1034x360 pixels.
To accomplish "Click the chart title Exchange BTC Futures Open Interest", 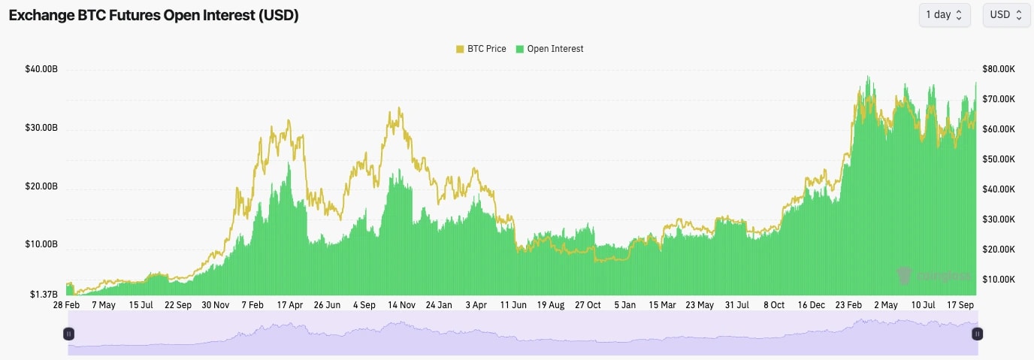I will click(x=154, y=16).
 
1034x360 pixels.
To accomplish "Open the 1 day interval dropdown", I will click(x=944, y=15).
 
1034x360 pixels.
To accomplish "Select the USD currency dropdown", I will click(x=1005, y=15).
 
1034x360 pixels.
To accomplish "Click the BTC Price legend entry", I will click(x=483, y=49).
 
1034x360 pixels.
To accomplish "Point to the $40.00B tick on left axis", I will click(x=41, y=70).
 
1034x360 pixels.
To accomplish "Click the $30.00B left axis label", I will click(x=41, y=128).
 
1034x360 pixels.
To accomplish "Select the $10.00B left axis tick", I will click(x=41, y=244).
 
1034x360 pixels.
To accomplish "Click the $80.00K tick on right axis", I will click(x=999, y=69).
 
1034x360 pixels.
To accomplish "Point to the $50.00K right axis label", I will click(x=999, y=159).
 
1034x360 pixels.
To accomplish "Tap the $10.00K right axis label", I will click(x=999, y=280).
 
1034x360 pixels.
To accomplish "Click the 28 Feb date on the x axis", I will click(x=66, y=305).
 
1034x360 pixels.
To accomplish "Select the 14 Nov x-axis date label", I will click(x=401, y=305).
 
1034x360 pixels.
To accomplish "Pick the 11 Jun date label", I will click(x=513, y=305).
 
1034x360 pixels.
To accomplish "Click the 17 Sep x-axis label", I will click(x=960, y=305).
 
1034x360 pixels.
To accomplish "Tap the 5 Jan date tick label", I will click(x=624, y=305).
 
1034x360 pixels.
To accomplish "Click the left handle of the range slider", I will click(x=68, y=333).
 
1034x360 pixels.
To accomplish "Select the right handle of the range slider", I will click(x=978, y=333).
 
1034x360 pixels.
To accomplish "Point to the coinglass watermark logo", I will click(x=936, y=277).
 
